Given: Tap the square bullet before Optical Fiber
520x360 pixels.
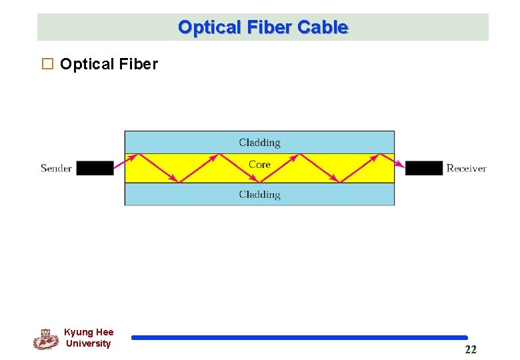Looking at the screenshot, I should pyautogui.click(x=47, y=64).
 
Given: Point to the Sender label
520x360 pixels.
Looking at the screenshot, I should pyautogui.click(x=56, y=168).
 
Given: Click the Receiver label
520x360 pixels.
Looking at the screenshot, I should pyautogui.click(x=466, y=168).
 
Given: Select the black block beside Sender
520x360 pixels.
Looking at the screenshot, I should pyautogui.click(x=95, y=168).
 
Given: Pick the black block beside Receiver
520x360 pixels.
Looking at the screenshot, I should pyautogui.click(x=424, y=168).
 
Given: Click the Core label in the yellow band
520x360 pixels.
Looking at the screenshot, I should pyautogui.click(x=259, y=164).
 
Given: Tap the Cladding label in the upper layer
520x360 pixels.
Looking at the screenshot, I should pyautogui.click(x=259, y=142).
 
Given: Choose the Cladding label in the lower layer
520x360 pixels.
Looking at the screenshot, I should pyautogui.click(x=259, y=195).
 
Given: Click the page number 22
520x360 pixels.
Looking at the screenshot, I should pyautogui.click(x=471, y=349).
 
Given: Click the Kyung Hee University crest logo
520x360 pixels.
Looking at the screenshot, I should pyautogui.click(x=45, y=339).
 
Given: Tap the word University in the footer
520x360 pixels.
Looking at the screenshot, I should pyautogui.click(x=89, y=343).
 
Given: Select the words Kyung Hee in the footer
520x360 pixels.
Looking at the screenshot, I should pyautogui.click(x=89, y=332).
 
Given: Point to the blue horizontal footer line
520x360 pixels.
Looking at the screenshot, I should pyautogui.click(x=299, y=338).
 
